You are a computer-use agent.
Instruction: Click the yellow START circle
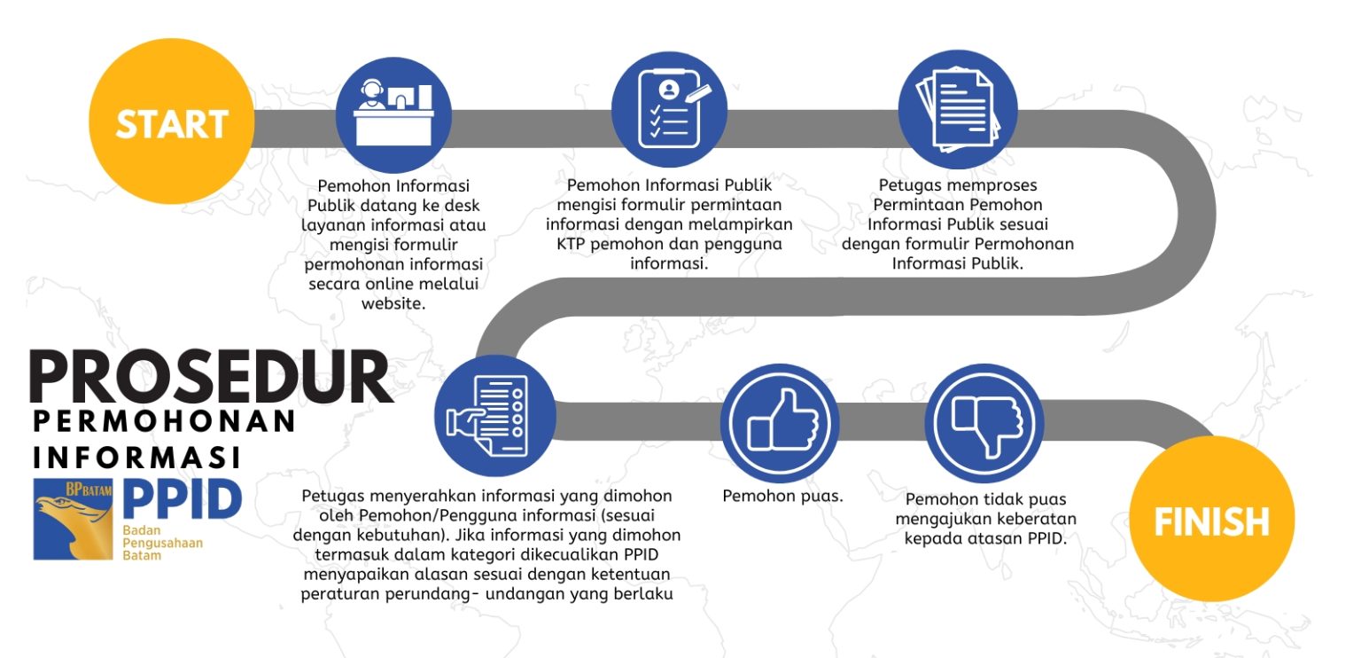pyautogui.click(x=171, y=121)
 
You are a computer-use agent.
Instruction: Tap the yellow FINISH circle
pyautogui.click(x=1211, y=519)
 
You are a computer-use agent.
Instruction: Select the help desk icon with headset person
pyautogui.click(x=393, y=115)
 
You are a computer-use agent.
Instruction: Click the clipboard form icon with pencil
pyautogui.click(x=669, y=109)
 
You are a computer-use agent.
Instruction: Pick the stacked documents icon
pyautogui.click(x=958, y=109)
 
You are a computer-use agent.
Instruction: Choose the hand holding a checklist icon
pyautogui.click(x=495, y=416)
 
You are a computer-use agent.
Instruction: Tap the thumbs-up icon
pyautogui.click(x=780, y=423)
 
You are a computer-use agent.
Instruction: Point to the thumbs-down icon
pyautogui.click(x=984, y=423)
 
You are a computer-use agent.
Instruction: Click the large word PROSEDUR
pyautogui.click(x=211, y=376)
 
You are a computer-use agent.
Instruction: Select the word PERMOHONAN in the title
pyautogui.click(x=164, y=421)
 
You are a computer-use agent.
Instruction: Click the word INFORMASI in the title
pyautogui.click(x=136, y=458)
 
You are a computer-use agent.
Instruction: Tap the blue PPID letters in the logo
pyautogui.click(x=183, y=498)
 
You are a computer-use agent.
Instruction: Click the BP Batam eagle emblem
pyautogui.click(x=73, y=519)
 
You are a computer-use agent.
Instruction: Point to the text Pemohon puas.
pyautogui.click(x=782, y=497)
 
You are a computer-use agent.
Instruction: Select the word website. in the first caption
pyautogui.click(x=393, y=303)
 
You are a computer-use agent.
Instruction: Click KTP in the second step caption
pyautogui.click(x=571, y=244)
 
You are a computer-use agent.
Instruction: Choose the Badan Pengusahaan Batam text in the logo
pyautogui.click(x=162, y=543)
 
